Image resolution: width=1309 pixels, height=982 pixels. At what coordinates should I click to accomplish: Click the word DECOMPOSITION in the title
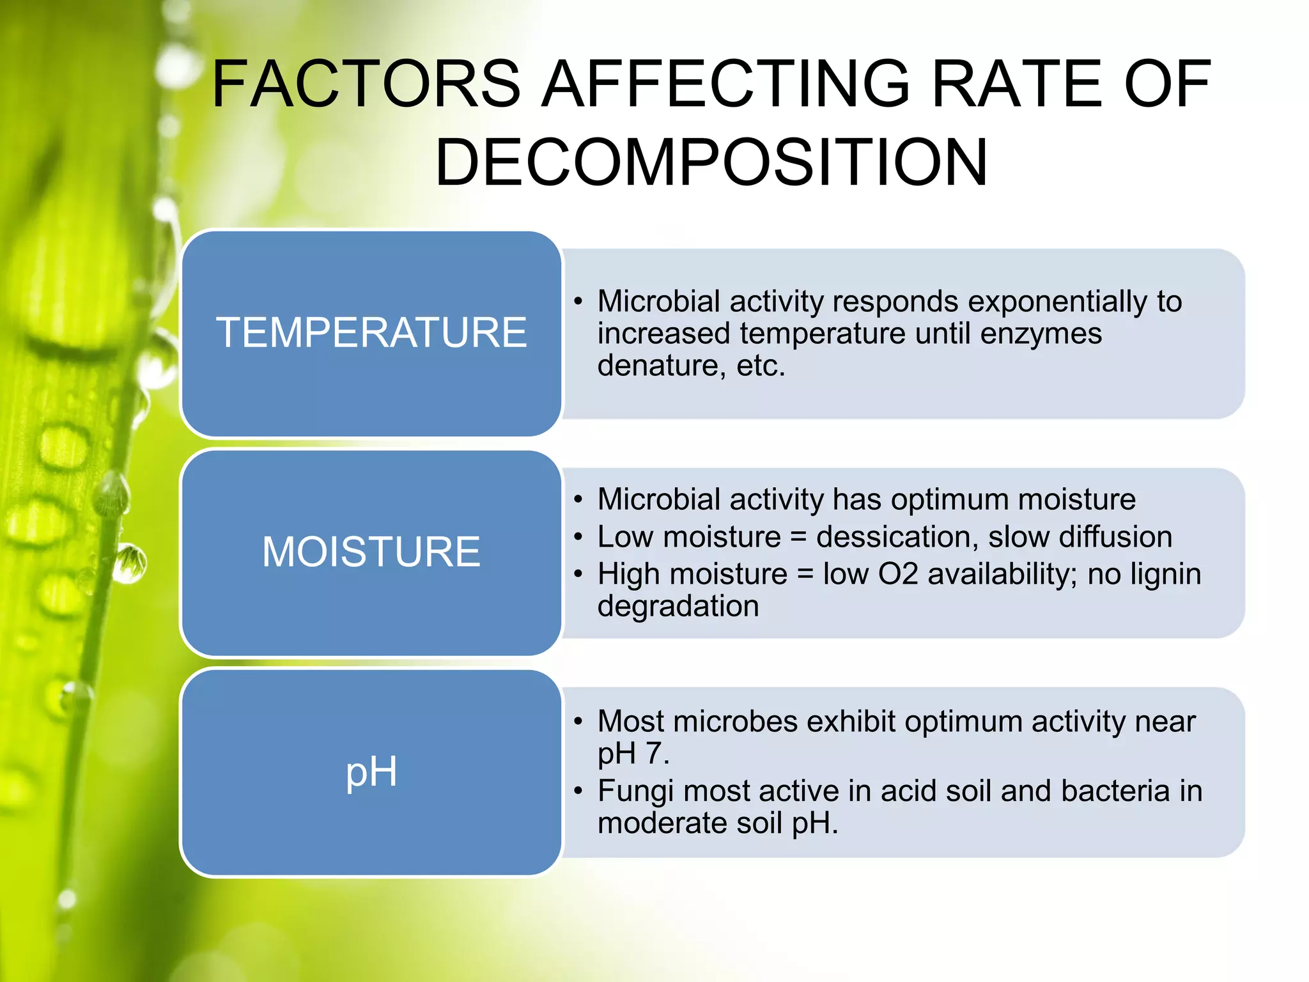pyautogui.click(x=711, y=162)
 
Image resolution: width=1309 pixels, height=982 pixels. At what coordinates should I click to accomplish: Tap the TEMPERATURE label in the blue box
pyautogui.click(x=371, y=332)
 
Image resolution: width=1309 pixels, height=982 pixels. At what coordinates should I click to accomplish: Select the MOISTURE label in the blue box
pyautogui.click(x=371, y=551)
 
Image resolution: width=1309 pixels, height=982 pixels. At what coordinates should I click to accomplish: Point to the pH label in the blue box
pyautogui.click(x=371, y=772)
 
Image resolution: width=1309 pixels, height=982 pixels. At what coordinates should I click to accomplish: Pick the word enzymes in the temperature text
pyautogui.click(x=1041, y=334)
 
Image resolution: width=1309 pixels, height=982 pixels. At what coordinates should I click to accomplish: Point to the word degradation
pyautogui.click(x=678, y=606)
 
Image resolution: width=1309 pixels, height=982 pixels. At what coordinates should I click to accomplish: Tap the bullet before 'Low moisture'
pyautogui.click(x=578, y=538)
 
